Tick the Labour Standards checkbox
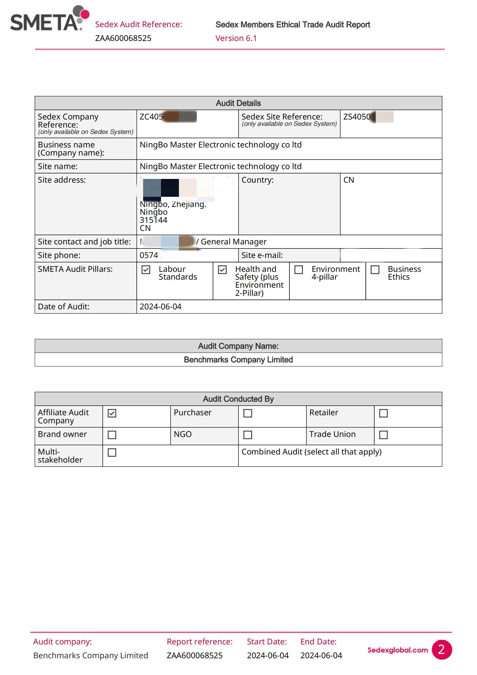[x=146, y=270]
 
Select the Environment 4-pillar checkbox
[x=299, y=270]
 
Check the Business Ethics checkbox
[x=375, y=270]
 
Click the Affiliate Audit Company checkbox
[x=112, y=413]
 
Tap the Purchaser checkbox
[x=248, y=413]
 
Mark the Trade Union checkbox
[x=383, y=435]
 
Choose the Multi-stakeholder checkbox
[x=112, y=452]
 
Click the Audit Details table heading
[x=238, y=103]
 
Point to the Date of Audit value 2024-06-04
[x=160, y=307]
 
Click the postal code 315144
[x=154, y=220]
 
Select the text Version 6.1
[x=236, y=38]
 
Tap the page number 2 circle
[x=442, y=649]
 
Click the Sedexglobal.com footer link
[x=397, y=650]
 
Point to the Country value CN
[x=349, y=180]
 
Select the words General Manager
[x=234, y=242]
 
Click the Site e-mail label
[x=262, y=255]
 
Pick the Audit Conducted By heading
[x=238, y=399]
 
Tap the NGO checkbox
[x=248, y=435]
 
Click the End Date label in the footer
[x=318, y=642]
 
